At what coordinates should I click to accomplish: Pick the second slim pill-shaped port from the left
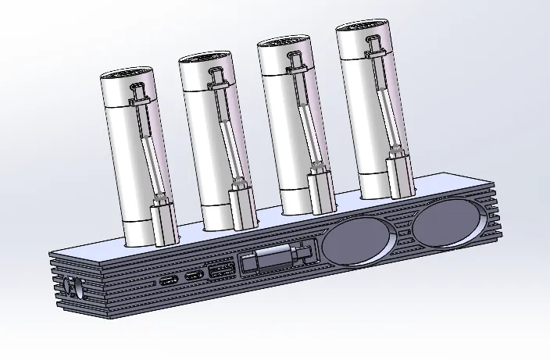point(192,277)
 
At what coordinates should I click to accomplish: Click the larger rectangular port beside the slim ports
point(219,272)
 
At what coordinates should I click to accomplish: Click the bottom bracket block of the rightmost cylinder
point(398,176)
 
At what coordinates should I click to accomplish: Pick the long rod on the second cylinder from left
point(227,133)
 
